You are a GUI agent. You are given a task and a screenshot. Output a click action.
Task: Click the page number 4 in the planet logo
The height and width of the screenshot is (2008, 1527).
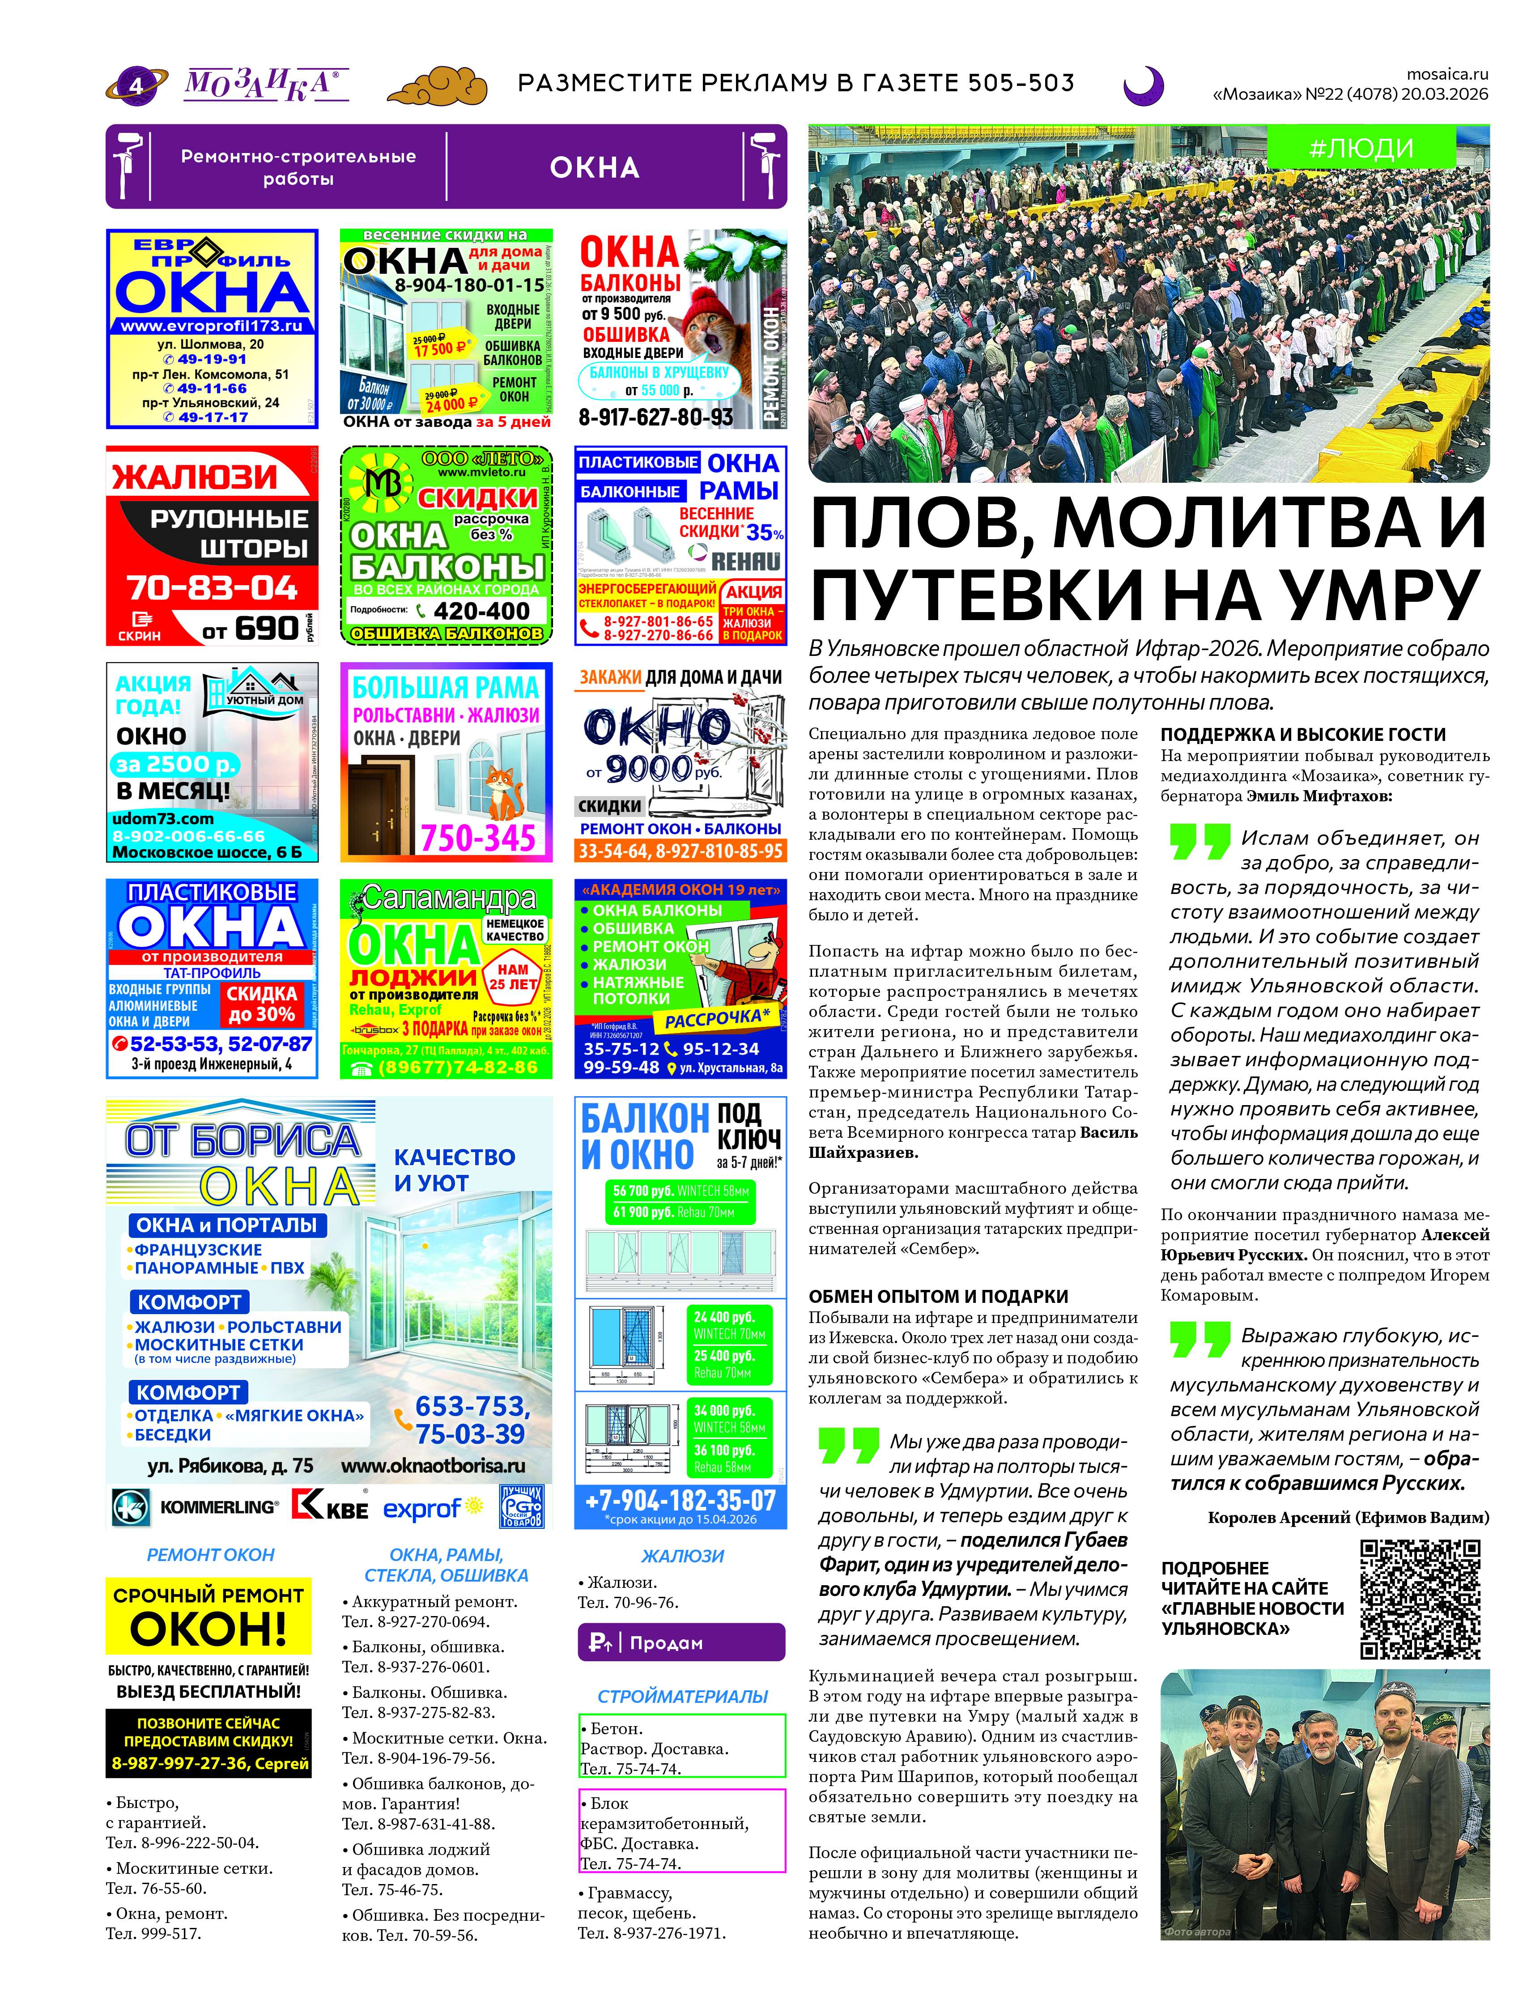tap(136, 85)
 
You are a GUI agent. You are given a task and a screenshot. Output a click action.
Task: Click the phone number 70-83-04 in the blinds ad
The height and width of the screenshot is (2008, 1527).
tap(212, 588)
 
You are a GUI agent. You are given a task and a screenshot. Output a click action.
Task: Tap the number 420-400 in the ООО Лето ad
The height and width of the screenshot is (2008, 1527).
tap(482, 611)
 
